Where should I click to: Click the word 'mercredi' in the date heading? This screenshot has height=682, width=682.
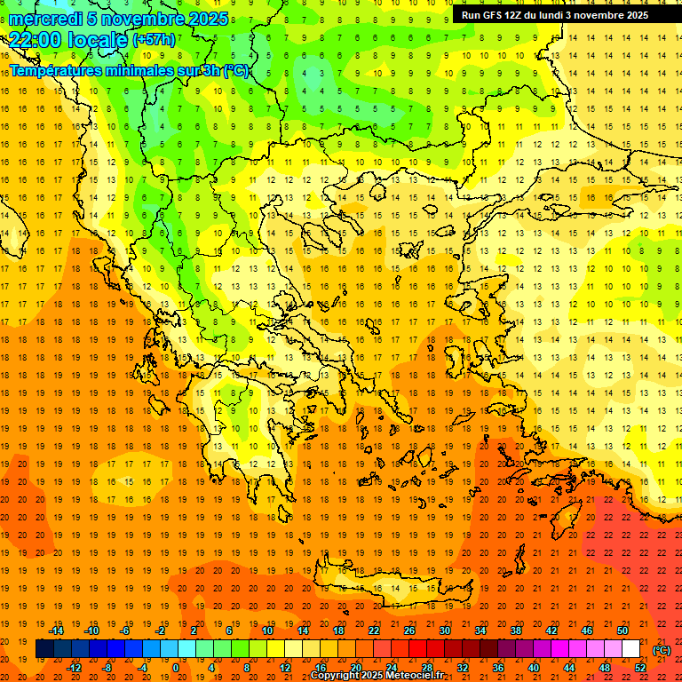(47, 19)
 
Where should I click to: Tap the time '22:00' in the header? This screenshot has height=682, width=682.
(36, 40)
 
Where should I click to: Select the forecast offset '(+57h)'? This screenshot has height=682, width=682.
(154, 40)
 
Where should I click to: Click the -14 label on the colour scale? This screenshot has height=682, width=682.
(56, 630)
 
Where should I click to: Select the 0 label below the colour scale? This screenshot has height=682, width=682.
(176, 667)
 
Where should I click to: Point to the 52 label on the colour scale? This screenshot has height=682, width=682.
(640, 667)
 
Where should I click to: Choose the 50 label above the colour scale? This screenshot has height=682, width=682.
(623, 630)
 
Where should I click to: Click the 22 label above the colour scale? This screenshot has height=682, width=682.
(374, 630)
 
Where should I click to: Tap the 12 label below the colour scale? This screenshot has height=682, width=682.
(285, 667)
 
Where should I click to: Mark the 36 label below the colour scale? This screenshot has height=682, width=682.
(498, 667)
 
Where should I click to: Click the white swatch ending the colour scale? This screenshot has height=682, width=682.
(630, 649)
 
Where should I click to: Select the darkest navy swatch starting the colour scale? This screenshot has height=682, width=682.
(44, 649)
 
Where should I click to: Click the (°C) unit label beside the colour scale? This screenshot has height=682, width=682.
(662, 649)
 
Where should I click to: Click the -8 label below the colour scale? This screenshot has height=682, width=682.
(107, 667)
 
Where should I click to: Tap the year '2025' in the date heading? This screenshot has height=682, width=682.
(207, 19)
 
